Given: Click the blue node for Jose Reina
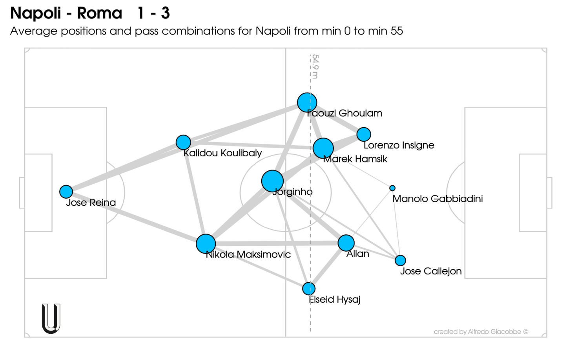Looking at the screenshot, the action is tap(66, 192).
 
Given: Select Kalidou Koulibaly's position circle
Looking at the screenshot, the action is tap(183, 142).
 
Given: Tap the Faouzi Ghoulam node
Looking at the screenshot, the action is tap(307, 102).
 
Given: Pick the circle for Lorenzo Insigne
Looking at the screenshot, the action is tap(364, 134).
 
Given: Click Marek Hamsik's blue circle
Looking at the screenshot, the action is tap(323, 148).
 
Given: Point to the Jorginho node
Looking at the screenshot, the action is tap(272, 181).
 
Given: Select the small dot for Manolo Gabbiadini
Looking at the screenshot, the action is tap(392, 188).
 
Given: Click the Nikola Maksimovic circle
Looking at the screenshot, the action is tap(206, 244).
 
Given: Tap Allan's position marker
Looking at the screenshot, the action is tap(346, 243).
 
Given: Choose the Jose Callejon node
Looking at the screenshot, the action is tap(400, 260).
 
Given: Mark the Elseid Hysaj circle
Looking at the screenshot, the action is tap(309, 289).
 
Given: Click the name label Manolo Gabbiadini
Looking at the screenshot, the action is tap(437, 199).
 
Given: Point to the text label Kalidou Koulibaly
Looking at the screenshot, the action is tap(222, 153).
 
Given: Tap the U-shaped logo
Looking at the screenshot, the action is tap(51, 318).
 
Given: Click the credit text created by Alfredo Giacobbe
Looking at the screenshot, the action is tap(481, 332).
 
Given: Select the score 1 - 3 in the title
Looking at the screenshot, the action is tap(153, 13).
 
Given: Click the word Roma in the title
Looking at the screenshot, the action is tap(100, 13).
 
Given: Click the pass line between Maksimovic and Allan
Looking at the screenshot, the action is tap(275, 243).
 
